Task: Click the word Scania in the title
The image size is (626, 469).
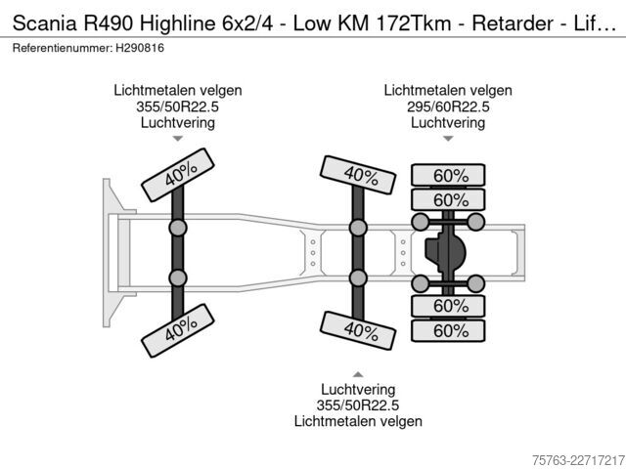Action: click(44, 23)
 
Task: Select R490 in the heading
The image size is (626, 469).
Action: click(108, 23)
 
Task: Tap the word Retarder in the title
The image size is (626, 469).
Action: click(513, 23)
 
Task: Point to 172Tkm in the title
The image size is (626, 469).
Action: click(413, 23)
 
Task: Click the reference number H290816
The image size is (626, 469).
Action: click(140, 48)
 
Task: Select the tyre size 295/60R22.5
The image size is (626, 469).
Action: click(448, 107)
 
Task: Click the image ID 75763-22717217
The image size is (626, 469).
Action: click(578, 460)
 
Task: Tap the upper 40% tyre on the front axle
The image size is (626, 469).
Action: click(178, 175)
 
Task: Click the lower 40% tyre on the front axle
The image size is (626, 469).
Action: click(178, 330)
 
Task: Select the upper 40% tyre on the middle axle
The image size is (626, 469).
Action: click(358, 175)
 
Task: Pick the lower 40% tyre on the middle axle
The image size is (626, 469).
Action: click(358, 330)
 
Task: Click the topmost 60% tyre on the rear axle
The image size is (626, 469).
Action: click(448, 175)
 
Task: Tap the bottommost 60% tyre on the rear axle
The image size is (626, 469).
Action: click(448, 330)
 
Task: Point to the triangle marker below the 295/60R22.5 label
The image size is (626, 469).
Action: click(448, 139)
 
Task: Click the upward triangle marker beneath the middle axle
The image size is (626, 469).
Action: click(358, 374)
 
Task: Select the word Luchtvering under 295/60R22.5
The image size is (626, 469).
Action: click(448, 122)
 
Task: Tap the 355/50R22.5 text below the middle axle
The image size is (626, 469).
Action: click(358, 405)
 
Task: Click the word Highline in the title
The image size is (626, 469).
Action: click(177, 23)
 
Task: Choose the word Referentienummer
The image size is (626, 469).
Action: click(63, 48)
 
